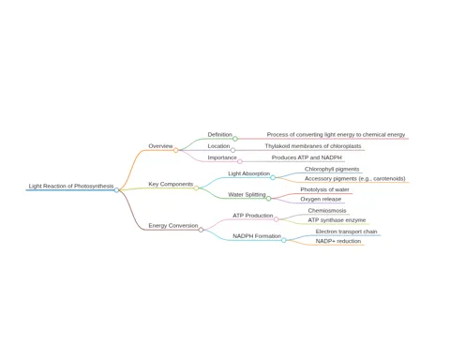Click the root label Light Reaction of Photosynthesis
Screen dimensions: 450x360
(x=71, y=186)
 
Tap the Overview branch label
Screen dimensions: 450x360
(x=160, y=146)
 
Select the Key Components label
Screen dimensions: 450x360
(x=171, y=184)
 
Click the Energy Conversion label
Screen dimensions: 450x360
(x=173, y=225)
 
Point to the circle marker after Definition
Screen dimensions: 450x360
(x=235, y=139)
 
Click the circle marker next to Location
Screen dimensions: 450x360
(x=232, y=150)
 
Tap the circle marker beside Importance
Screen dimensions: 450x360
(x=240, y=161)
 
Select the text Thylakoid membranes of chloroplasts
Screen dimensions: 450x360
(x=313, y=146)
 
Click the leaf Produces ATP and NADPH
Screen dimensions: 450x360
(x=307, y=157)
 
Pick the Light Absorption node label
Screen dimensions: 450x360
(x=248, y=173)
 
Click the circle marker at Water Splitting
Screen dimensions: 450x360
(x=268, y=199)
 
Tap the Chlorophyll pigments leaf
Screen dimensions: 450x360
(x=332, y=169)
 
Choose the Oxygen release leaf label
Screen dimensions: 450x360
(x=321, y=199)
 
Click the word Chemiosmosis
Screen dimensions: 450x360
(x=327, y=210)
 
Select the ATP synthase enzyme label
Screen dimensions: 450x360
(x=337, y=220)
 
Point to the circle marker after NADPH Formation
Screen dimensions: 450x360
(x=284, y=240)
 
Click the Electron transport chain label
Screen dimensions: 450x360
(x=346, y=232)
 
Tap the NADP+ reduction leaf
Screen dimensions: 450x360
(x=338, y=241)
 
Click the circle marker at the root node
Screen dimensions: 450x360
(x=116, y=190)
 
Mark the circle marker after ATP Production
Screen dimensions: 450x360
(x=277, y=219)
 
